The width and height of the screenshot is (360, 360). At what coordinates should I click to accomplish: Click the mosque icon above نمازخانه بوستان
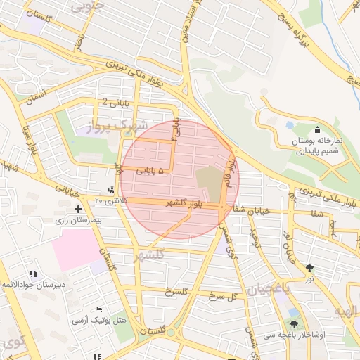click(x=317, y=129)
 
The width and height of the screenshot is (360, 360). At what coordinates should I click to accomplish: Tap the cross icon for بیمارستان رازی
click(x=78, y=209)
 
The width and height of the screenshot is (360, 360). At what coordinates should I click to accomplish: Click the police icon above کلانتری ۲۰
click(x=112, y=190)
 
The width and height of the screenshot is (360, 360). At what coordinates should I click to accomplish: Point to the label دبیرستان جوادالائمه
click(x=32, y=285)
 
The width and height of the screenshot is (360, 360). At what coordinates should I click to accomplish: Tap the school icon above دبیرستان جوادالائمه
click(x=32, y=274)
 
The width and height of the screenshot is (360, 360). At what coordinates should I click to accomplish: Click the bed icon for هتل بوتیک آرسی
click(x=98, y=309)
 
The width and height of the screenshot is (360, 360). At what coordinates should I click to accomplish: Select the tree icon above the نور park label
click(x=310, y=267)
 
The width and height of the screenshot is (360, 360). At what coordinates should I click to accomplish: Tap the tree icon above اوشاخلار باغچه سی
click(x=294, y=324)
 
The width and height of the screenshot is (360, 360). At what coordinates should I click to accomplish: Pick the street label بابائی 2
click(x=115, y=102)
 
